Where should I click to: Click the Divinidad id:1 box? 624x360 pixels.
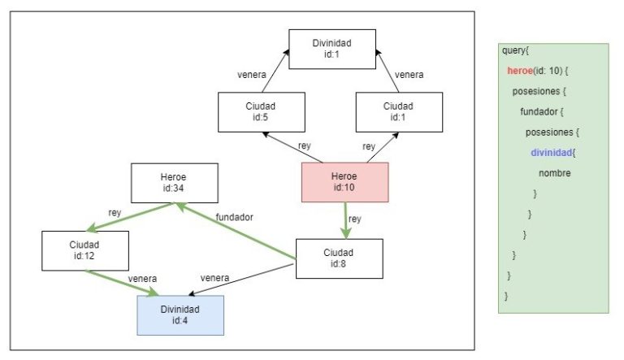coord(331,49)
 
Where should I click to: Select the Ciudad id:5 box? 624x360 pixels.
coord(262,112)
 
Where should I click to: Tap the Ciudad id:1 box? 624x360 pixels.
coord(398,112)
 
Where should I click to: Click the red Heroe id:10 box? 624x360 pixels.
coord(344,183)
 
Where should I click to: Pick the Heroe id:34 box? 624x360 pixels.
coord(175,184)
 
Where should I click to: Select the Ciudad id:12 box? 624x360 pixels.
coord(84,250)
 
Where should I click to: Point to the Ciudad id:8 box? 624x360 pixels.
coord(339,258)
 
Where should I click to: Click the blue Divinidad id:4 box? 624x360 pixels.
coord(180,315)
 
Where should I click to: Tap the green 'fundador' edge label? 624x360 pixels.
coord(234,218)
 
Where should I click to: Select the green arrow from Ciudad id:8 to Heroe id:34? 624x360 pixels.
coord(236,233)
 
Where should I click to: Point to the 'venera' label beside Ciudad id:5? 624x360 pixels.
coord(252,75)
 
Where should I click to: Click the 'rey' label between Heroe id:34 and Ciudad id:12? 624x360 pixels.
coord(115,213)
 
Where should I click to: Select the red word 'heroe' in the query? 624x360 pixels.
coord(520,71)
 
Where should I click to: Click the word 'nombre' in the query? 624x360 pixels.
coord(554,173)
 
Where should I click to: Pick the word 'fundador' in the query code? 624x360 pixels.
coord(539,111)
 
